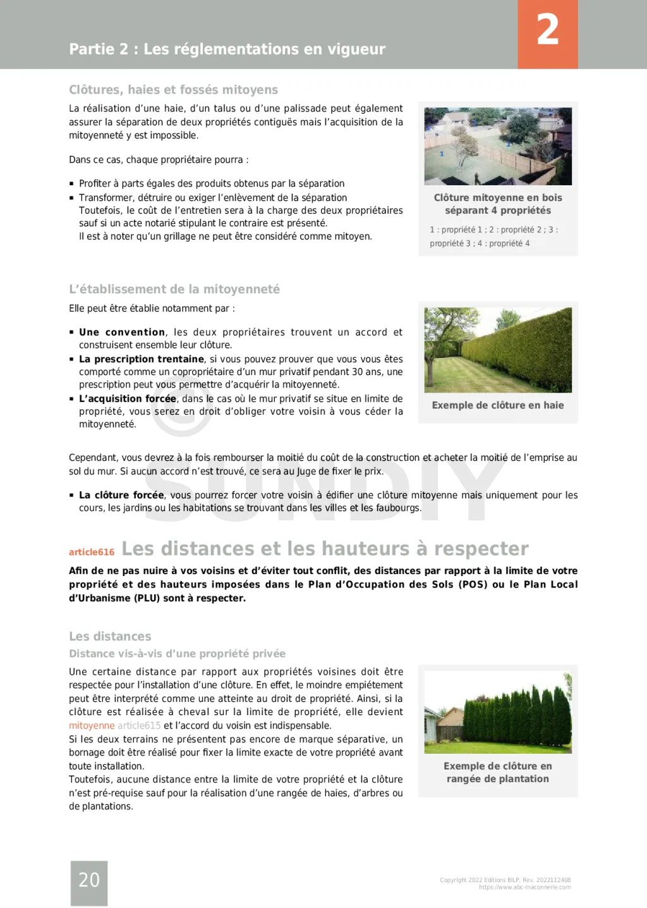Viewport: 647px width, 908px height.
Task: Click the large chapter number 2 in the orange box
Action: (548, 31)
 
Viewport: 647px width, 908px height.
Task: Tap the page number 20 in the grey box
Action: (89, 880)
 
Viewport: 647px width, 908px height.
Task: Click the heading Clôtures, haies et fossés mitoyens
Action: (173, 90)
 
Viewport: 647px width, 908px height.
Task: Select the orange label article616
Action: (92, 552)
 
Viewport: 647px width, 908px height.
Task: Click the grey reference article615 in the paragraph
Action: (139, 726)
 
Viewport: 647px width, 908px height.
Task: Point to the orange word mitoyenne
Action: (92, 726)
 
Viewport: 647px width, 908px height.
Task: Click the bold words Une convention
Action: (122, 332)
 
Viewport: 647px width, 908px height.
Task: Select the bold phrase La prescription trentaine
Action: (141, 359)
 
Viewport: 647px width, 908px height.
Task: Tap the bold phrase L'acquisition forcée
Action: (127, 398)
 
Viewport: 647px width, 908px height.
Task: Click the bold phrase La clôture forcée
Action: (121, 495)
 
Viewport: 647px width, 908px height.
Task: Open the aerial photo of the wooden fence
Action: (498, 146)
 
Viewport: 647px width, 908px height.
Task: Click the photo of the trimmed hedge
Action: (498, 350)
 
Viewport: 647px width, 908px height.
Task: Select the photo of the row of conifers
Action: (498, 711)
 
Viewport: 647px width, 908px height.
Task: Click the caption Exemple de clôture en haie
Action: (498, 405)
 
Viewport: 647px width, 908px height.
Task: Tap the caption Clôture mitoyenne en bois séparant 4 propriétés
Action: (498, 204)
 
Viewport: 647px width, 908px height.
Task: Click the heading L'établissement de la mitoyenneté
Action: (174, 289)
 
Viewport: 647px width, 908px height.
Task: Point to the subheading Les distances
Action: (110, 636)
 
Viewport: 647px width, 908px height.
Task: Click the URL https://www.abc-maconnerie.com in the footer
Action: (524, 887)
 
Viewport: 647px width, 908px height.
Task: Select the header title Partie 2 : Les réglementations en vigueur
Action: (227, 49)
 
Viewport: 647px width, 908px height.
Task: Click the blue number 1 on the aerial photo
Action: (442, 154)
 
